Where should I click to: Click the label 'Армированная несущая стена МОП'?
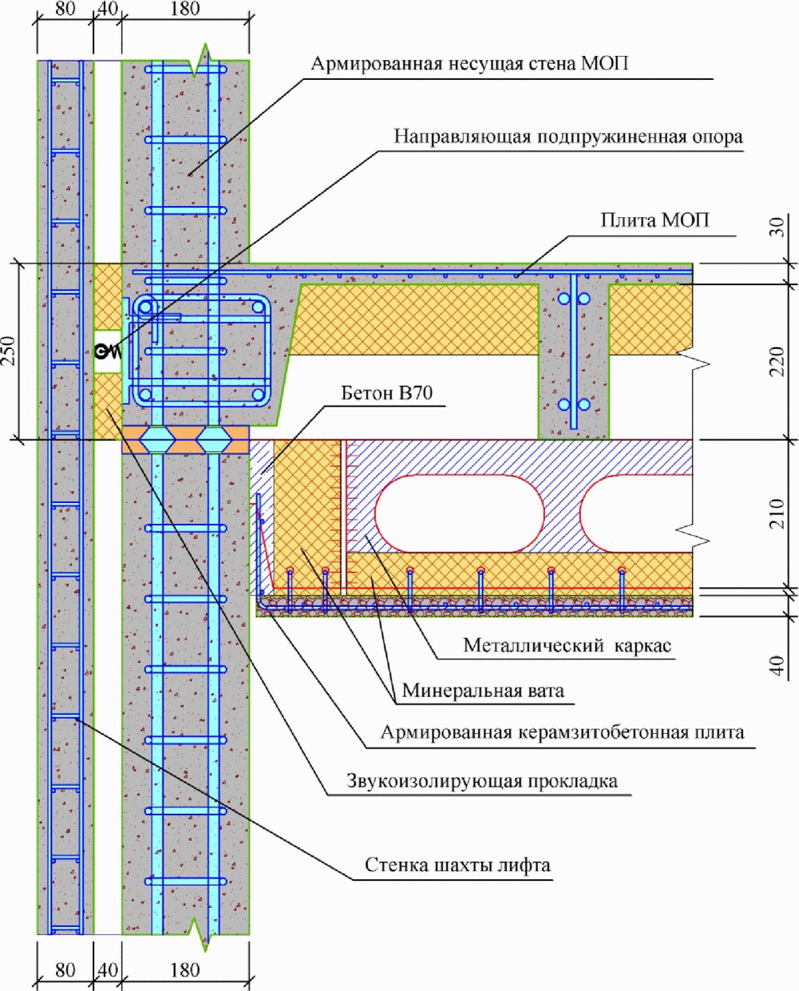click(469, 63)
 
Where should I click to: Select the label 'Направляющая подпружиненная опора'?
click(568, 136)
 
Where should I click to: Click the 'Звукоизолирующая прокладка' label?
click(481, 780)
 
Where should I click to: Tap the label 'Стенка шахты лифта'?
click(457, 865)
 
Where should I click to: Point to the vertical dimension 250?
click(10, 351)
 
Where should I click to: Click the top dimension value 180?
click(185, 10)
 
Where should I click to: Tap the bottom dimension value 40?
click(107, 969)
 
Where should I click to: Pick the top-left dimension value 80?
click(64, 10)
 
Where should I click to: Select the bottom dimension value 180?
click(185, 969)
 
